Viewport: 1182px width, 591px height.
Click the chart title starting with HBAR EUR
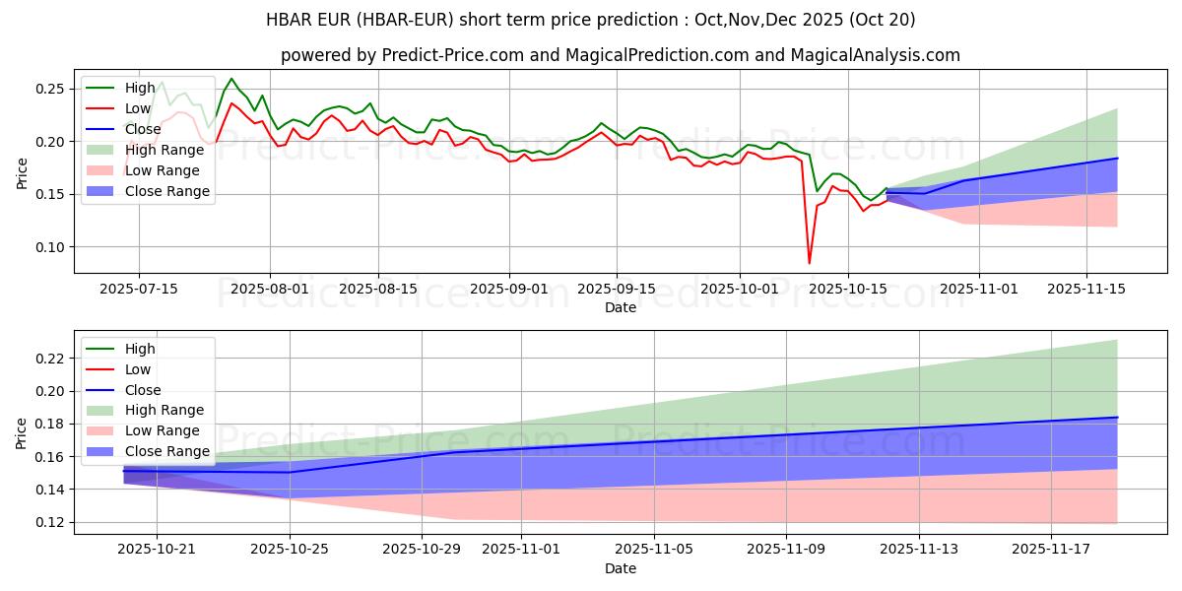point(591,20)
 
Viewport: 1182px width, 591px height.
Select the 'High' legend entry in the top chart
point(138,88)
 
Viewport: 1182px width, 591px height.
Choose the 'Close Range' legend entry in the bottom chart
point(166,451)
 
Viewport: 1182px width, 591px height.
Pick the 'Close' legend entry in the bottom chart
point(144,390)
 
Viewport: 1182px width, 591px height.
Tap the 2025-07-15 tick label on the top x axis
point(138,288)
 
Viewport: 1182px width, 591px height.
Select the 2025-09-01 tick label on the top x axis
point(509,288)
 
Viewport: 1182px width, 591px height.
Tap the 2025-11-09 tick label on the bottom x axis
point(786,549)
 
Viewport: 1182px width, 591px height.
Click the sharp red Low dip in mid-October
point(810,262)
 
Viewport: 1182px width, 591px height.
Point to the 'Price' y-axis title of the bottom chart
point(22,431)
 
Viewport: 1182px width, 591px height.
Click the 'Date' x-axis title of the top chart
point(621,307)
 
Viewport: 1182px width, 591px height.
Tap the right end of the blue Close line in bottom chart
point(1117,418)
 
